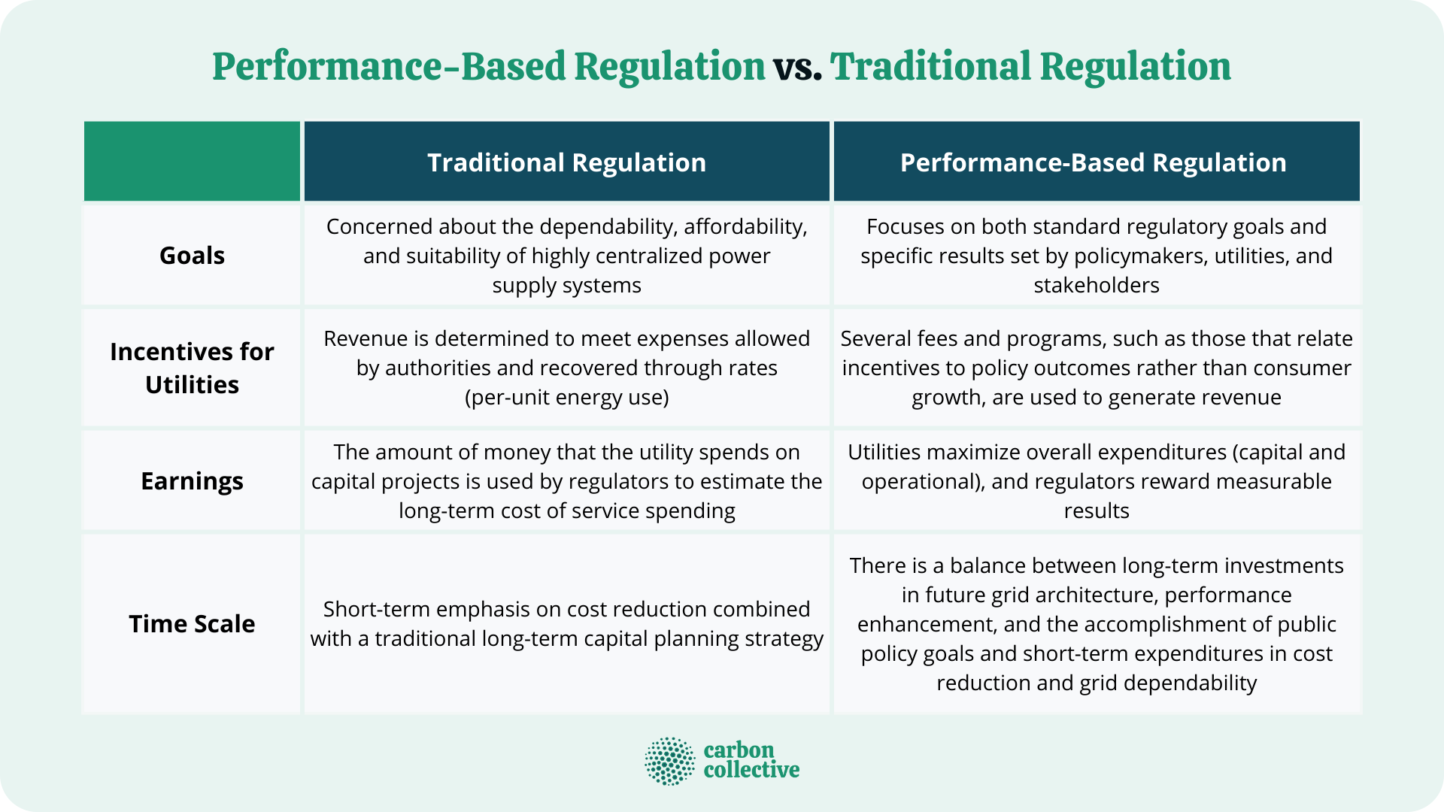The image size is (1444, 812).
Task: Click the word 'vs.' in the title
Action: (797, 67)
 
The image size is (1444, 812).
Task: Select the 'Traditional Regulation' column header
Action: (566, 162)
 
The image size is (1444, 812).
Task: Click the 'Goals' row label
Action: (192, 256)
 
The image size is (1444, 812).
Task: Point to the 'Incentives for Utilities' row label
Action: (192, 368)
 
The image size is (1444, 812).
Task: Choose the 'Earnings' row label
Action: (192, 481)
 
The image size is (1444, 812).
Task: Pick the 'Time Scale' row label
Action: (192, 624)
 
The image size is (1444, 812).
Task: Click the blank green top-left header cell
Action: (192, 161)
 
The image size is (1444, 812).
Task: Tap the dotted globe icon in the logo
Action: (669, 761)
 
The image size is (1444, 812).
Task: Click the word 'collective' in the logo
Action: (751, 770)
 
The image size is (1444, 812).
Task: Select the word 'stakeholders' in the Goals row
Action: (1096, 286)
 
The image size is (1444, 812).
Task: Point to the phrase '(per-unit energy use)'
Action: (566, 397)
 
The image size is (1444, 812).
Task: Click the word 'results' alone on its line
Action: (1096, 511)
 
